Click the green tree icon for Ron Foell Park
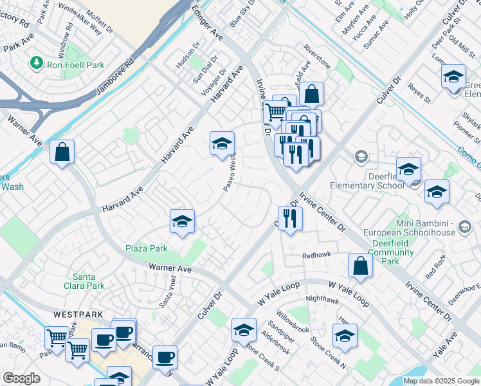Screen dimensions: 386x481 pos(37,62)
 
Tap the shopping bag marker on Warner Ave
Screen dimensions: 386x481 pos(62,152)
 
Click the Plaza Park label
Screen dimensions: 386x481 pos(147,248)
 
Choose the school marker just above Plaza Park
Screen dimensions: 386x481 pos(182,222)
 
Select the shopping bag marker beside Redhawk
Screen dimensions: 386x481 pos(360,266)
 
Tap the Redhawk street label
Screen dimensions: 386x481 pos(317,255)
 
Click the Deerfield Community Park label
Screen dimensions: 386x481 pos(391,252)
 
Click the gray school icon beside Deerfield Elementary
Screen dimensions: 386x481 pos(361,157)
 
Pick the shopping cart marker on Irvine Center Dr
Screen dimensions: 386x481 pos(275,111)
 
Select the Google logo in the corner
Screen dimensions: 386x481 pos(21,378)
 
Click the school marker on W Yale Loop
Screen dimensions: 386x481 pos(244,331)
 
